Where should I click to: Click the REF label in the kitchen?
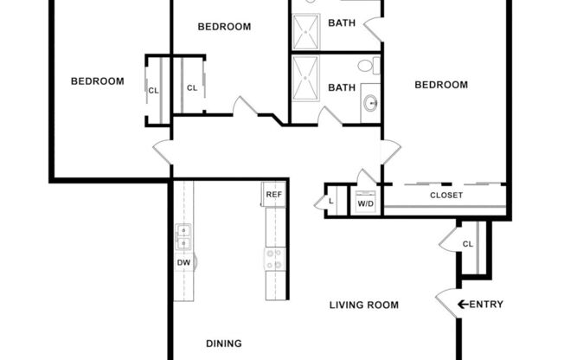273,195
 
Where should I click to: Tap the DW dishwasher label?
183,262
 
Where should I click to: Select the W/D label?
366,204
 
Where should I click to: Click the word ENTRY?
486,304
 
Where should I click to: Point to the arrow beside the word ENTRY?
463,304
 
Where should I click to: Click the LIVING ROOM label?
364,305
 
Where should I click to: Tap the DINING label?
223,344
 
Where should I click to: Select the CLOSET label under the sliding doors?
446,196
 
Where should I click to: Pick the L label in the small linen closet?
331,202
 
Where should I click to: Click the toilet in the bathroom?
366,66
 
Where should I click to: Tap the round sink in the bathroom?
370,103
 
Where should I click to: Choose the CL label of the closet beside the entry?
468,244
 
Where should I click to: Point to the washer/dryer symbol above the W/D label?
366,193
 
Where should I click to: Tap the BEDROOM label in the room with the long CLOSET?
441,85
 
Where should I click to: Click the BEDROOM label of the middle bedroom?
224,27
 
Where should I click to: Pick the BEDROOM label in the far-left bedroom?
97,81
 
